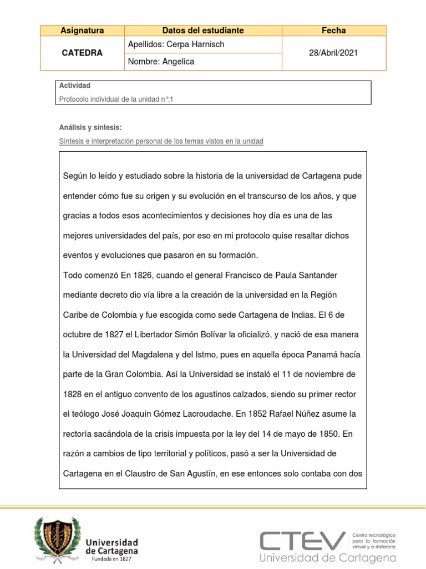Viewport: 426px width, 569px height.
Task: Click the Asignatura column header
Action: pyautogui.click(x=82, y=31)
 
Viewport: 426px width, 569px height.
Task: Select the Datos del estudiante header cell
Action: pyautogui.click(x=203, y=31)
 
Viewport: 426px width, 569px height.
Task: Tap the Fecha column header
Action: pyautogui.click(x=333, y=31)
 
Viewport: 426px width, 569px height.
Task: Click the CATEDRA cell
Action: pyautogui.click(x=82, y=53)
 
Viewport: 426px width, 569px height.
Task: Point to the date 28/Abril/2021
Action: pyautogui.click(x=333, y=53)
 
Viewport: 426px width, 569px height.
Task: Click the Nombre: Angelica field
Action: pyautogui.click(x=161, y=62)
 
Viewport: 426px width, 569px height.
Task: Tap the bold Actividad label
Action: pyautogui.click(x=74, y=86)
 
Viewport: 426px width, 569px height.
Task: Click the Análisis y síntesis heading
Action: pyautogui.click(x=90, y=127)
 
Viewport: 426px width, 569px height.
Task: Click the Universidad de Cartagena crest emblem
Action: pyautogui.click(x=54, y=538)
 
